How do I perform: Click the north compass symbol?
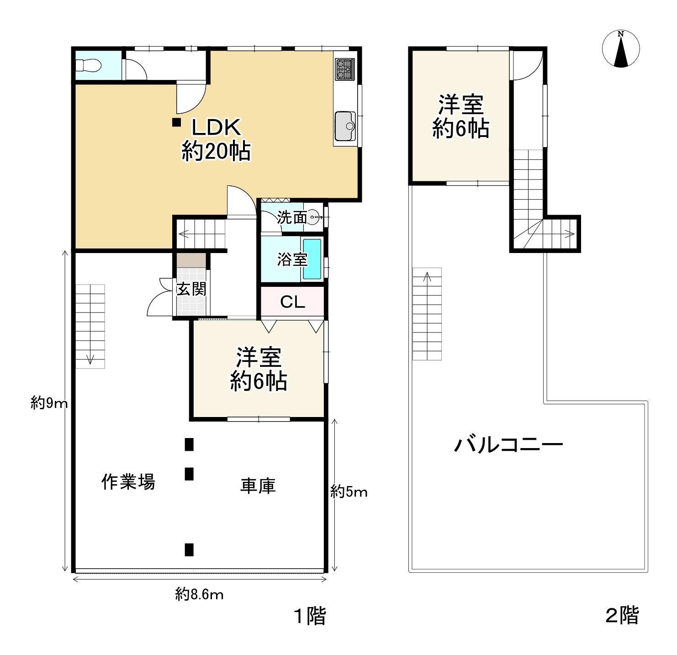pyautogui.click(x=620, y=49)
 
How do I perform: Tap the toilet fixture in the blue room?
pyautogui.click(x=89, y=66)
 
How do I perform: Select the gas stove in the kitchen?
pyautogui.click(x=344, y=69)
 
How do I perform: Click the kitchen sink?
pyautogui.click(x=345, y=126)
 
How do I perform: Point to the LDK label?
pyautogui.click(x=216, y=127)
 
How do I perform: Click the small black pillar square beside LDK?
pyautogui.click(x=176, y=122)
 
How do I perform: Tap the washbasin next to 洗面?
pyautogui.click(x=313, y=217)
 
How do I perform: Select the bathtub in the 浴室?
pyautogui.click(x=312, y=259)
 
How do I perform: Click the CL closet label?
pyautogui.click(x=292, y=302)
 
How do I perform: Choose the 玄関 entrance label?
pyautogui.click(x=191, y=289)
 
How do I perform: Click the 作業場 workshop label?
pyautogui.click(x=128, y=482)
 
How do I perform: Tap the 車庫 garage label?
pyautogui.click(x=258, y=486)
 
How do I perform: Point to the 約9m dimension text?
pyautogui.click(x=49, y=403)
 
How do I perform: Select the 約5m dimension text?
pyautogui.click(x=349, y=492)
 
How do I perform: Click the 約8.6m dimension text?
pyautogui.click(x=200, y=594)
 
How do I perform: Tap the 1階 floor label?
pyautogui.click(x=310, y=616)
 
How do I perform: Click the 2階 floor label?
pyautogui.click(x=622, y=615)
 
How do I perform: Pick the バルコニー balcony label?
pyautogui.click(x=508, y=444)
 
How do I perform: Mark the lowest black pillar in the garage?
pyautogui.click(x=189, y=549)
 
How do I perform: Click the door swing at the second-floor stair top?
pyautogui.click(x=526, y=65)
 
